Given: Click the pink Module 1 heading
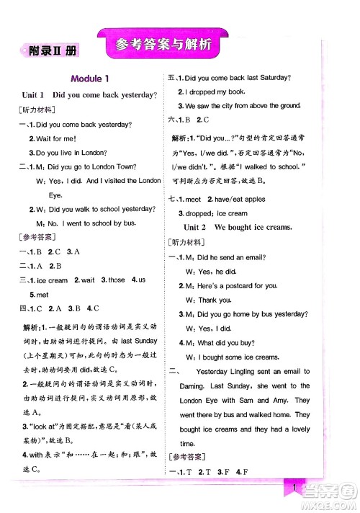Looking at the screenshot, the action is coord(90,79).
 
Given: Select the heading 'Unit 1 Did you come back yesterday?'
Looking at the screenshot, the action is coord(90,95).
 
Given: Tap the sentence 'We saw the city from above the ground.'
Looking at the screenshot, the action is coord(243,106).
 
